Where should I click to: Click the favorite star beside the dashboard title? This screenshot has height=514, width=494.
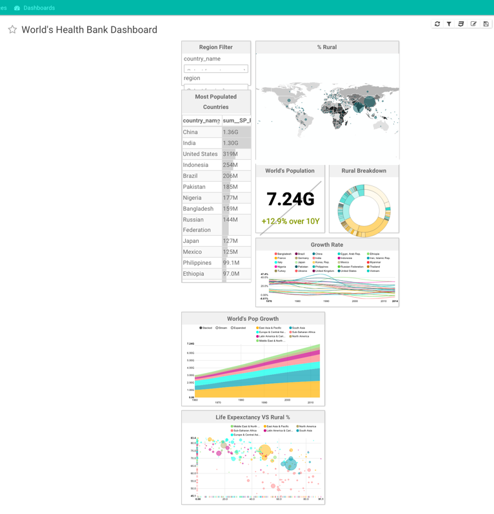click(x=12, y=30)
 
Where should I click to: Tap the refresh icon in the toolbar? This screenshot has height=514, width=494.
click(x=437, y=24)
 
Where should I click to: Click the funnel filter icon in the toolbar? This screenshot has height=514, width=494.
click(x=449, y=24)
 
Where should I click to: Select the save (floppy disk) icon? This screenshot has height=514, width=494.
click(x=486, y=24)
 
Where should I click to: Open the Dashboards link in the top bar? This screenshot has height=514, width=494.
click(x=39, y=8)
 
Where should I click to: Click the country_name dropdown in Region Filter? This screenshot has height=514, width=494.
click(x=215, y=69)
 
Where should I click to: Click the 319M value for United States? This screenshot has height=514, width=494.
click(x=230, y=154)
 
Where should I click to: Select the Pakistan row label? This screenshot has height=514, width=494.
click(x=194, y=187)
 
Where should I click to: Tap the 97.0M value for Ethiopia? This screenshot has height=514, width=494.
click(x=231, y=274)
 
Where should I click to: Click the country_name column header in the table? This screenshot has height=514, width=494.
click(x=201, y=120)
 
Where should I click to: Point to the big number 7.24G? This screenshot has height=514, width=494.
click(x=290, y=200)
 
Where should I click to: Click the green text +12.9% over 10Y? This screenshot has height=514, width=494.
click(x=290, y=221)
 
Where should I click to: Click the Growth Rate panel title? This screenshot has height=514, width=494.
click(x=327, y=245)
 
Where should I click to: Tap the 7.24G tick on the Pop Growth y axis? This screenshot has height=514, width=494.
click(x=190, y=344)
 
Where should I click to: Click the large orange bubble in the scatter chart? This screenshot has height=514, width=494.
click(x=264, y=452)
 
